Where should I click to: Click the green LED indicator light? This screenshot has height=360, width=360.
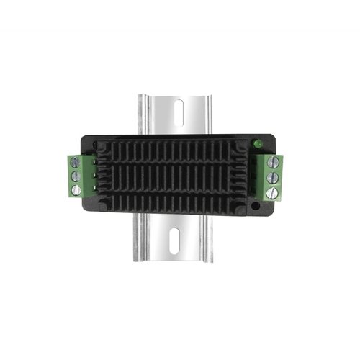click(x=256, y=145)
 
